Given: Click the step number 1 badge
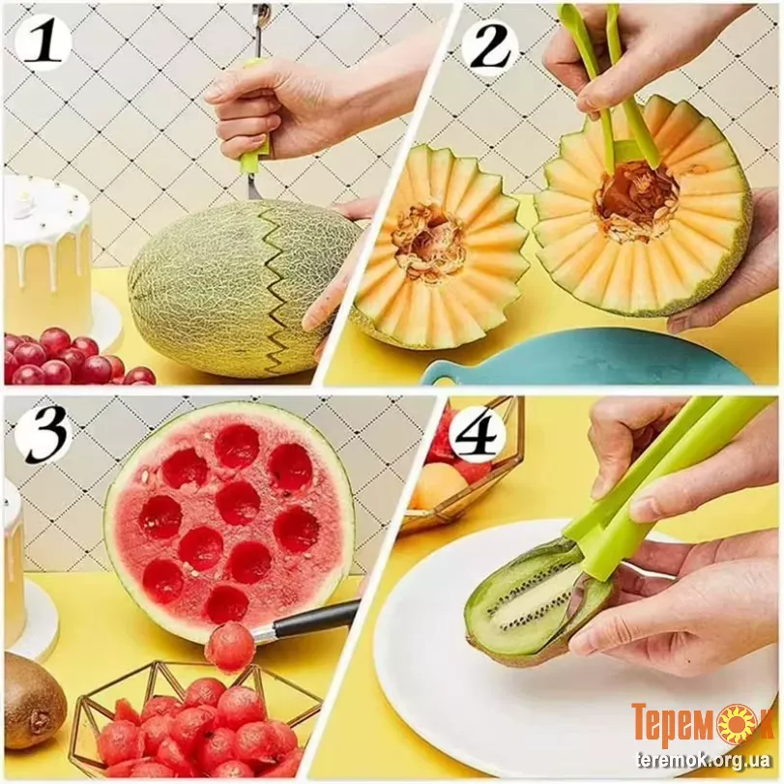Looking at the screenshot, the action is [x=43, y=43].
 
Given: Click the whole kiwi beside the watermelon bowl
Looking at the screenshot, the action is [x=31, y=700].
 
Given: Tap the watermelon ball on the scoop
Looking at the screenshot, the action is [x=230, y=648].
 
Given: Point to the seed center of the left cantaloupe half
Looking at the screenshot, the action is [x=426, y=238].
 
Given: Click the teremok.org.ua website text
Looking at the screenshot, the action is [x=704, y=761].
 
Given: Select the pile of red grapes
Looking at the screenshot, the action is [x=75, y=358].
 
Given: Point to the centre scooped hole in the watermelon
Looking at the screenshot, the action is [x=238, y=504].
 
